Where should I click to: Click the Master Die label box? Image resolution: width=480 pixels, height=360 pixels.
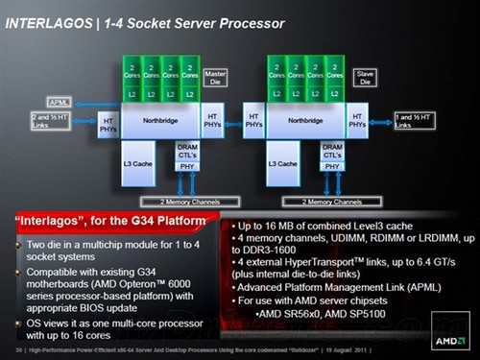(213, 74)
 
